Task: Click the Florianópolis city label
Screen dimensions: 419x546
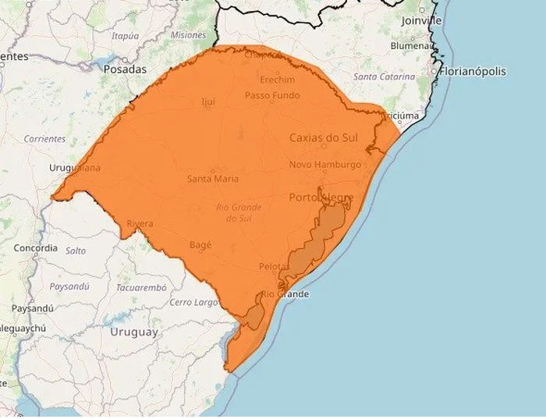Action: click(473, 72)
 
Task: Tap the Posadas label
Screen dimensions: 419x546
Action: click(125, 69)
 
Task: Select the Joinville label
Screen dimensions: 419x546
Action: click(421, 20)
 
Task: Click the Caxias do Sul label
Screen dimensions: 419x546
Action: click(323, 137)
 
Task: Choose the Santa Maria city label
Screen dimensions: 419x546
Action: click(213, 179)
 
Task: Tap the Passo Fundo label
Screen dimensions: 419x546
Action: click(271, 95)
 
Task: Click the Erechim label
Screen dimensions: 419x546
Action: click(278, 80)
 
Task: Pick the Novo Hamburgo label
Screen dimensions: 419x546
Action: click(325, 165)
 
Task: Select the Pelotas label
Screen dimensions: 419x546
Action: click(274, 267)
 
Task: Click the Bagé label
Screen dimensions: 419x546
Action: click(200, 245)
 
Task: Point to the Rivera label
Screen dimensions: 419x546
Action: click(140, 224)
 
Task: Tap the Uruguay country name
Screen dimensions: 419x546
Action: click(133, 332)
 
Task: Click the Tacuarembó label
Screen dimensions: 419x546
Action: click(141, 287)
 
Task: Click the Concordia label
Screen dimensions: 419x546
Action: click(35, 248)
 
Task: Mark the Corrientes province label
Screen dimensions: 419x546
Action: click(44, 139)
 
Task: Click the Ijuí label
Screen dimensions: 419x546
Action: click(207, 101)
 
